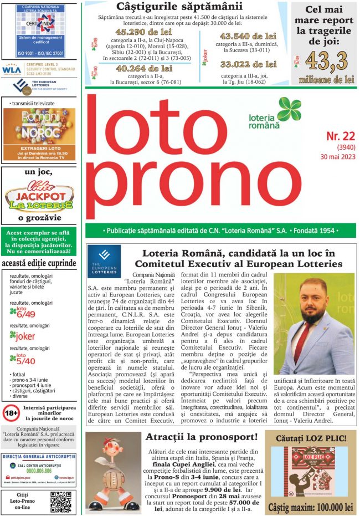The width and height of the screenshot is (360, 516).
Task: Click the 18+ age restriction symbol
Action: coord(11,412)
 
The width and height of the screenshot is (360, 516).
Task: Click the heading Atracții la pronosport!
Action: coord(201,437)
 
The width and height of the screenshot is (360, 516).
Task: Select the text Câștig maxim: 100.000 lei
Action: coord(310,507)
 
